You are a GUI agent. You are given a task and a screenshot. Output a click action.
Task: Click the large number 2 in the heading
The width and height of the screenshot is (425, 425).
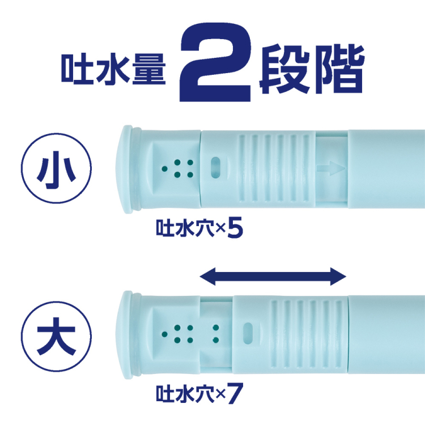point(215,63)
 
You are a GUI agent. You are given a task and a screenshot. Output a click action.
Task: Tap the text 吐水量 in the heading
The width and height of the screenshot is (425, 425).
point(113,67)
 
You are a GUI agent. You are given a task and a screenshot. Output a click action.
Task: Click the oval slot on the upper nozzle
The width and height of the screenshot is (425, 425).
point(216,168)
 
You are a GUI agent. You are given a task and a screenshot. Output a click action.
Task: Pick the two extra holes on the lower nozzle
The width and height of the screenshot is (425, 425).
point(215,334)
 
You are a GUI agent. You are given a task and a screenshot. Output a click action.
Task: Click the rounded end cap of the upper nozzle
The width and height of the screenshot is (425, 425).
point(127,168)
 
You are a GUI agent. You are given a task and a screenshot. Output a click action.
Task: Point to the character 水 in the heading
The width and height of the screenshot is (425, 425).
point(113,67)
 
